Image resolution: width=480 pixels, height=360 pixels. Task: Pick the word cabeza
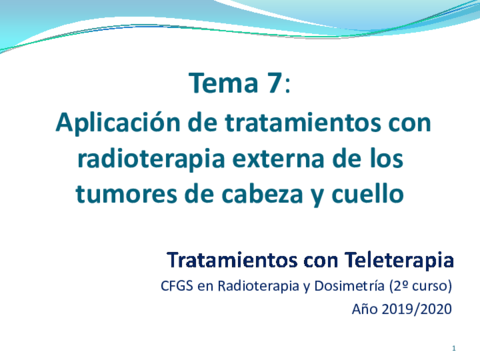263,190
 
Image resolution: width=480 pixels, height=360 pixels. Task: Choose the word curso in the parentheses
430,286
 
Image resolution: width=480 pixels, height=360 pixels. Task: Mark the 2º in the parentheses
400,286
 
